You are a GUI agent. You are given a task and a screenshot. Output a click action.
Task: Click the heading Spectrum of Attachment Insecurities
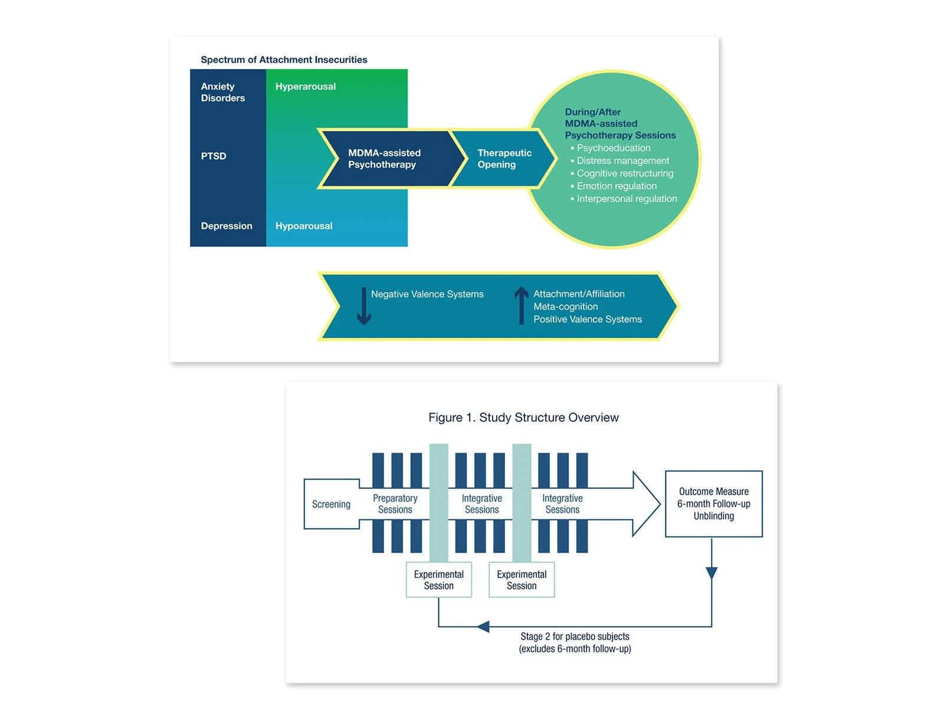(x=284, y=60)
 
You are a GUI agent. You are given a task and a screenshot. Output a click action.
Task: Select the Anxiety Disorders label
(x=223, y=92)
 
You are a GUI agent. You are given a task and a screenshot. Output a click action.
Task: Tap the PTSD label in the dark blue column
(x=214, y=156)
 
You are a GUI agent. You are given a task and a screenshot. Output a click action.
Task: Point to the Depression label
(x=227, y=226)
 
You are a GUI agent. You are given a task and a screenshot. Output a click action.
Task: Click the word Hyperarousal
(x=306, y=86)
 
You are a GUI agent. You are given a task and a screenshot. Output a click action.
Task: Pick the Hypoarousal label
(x=304, y=226)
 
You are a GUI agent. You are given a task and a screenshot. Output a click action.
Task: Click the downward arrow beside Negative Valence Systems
(x=364, y=306)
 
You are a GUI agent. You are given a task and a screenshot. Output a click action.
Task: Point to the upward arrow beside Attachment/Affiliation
(x=521, y=305)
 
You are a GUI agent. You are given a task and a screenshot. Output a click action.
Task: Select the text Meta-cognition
(x=566, y=306)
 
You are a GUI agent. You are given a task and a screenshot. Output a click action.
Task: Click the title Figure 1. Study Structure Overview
(x=523, y=417)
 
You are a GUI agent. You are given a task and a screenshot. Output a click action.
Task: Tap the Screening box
(x=332, y=504)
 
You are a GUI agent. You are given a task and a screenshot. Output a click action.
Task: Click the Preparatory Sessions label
(x=395, y=504)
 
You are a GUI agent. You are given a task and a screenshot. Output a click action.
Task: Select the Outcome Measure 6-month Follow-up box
(x=714, y=504)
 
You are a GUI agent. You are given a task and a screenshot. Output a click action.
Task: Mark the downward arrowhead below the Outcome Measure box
(x=712, y=573)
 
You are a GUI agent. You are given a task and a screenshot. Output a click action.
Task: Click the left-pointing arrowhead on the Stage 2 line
(x=483, y=627)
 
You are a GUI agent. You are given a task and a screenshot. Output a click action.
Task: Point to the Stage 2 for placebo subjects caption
(x=575, y=643)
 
